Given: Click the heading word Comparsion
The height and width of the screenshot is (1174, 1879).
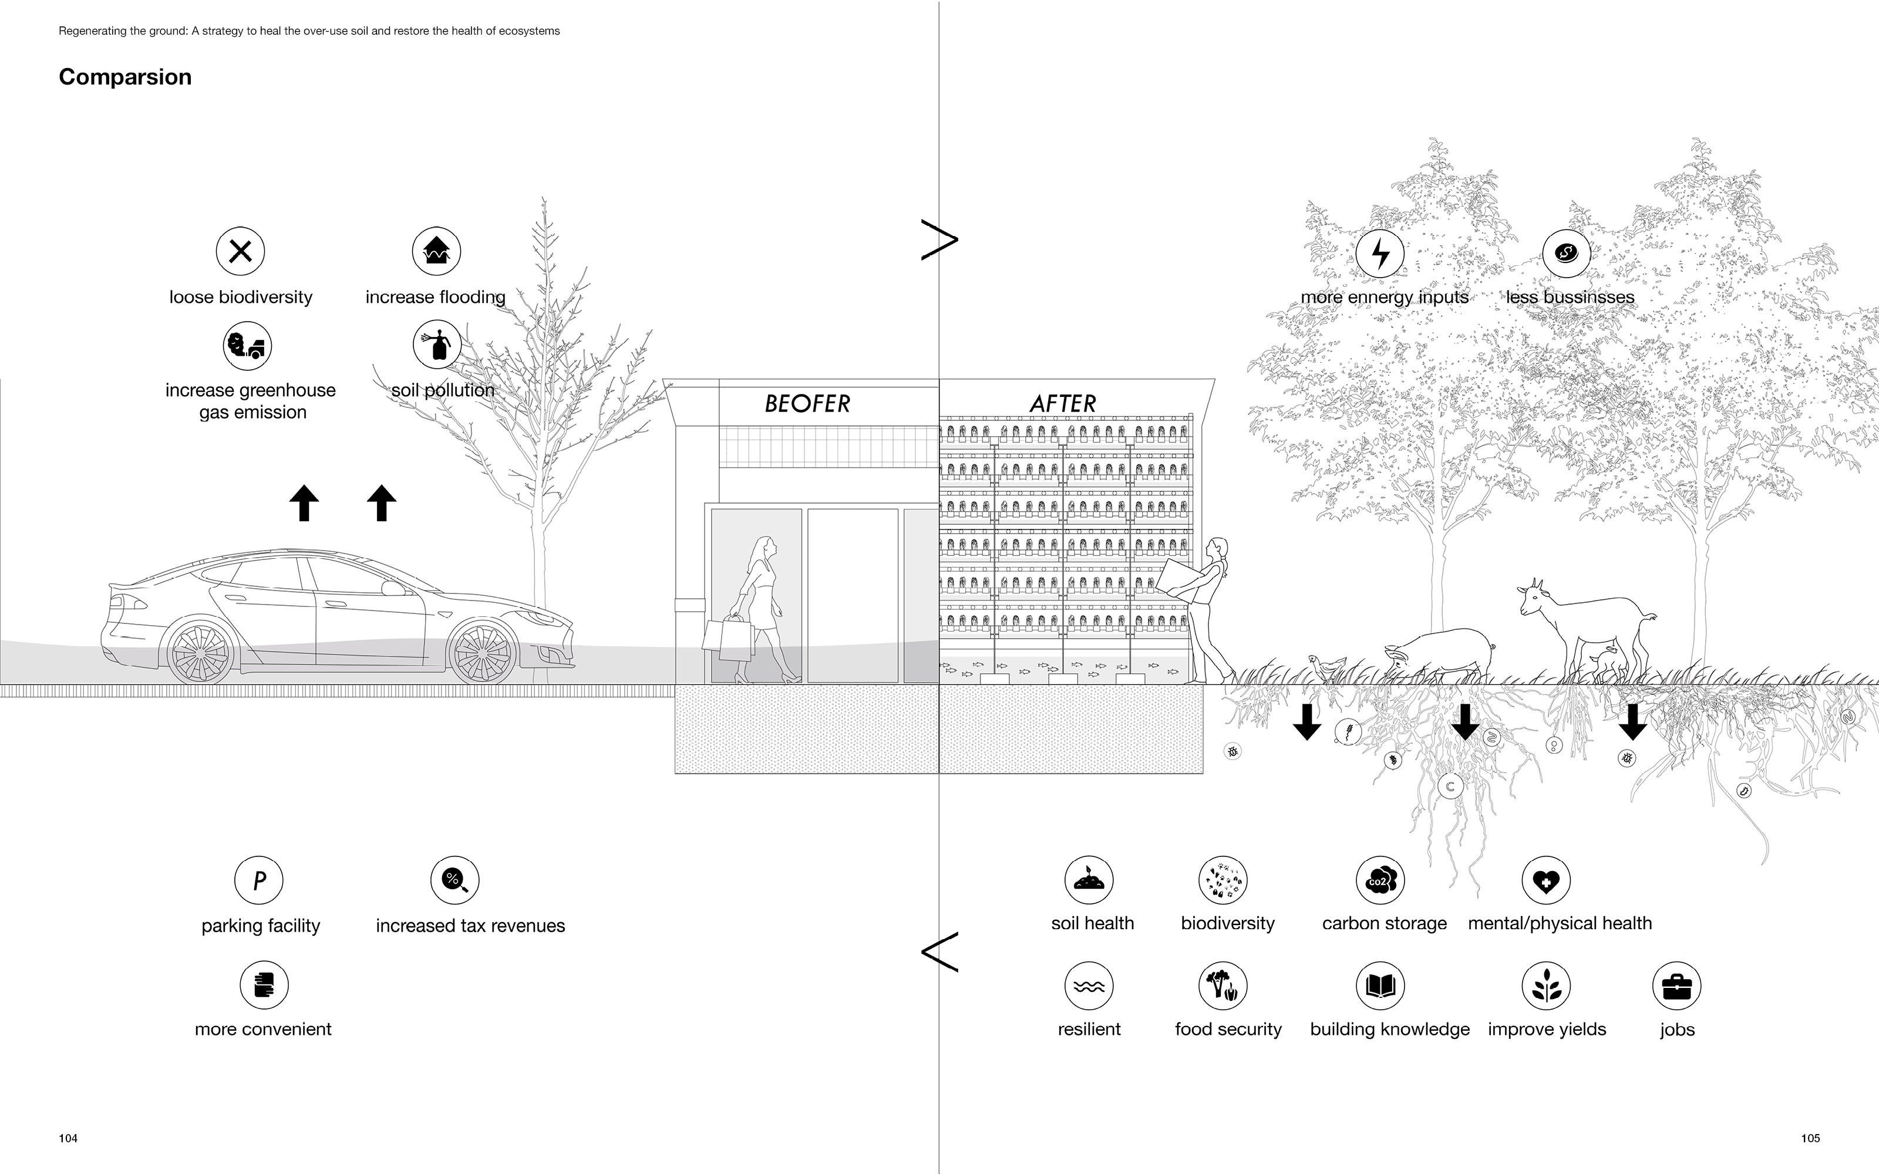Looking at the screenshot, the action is click(x=125, y=77).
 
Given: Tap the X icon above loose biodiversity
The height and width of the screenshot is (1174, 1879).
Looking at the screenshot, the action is click(x=241, y=252).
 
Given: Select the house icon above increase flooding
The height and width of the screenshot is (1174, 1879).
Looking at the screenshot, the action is click(x=436, y=252).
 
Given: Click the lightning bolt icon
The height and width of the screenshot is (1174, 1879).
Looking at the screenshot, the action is click(x=1380, y=253).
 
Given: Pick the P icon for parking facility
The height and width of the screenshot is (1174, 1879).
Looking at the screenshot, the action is click(x=258, y=880).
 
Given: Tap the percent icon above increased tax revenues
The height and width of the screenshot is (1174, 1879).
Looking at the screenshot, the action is click(x=455, y=880).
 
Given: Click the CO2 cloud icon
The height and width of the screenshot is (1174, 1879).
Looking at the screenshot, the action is click(x=1380, y=880).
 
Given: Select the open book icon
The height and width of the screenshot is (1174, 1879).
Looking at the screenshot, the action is click(x=1380, y=986).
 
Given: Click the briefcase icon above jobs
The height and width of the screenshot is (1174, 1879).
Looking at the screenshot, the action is click(x=1676, y=986).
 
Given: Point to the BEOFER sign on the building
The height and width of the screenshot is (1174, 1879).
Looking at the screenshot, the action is click(x=807, y=404).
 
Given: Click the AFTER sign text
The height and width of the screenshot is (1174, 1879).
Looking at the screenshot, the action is click(x=1063, y=404).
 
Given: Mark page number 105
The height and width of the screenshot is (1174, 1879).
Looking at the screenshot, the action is click(x=1810, y=1138).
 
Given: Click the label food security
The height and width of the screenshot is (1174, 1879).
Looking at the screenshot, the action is click(x=1228, y=1030).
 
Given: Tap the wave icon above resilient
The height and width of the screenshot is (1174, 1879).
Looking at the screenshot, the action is click(x=1089, y=986).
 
